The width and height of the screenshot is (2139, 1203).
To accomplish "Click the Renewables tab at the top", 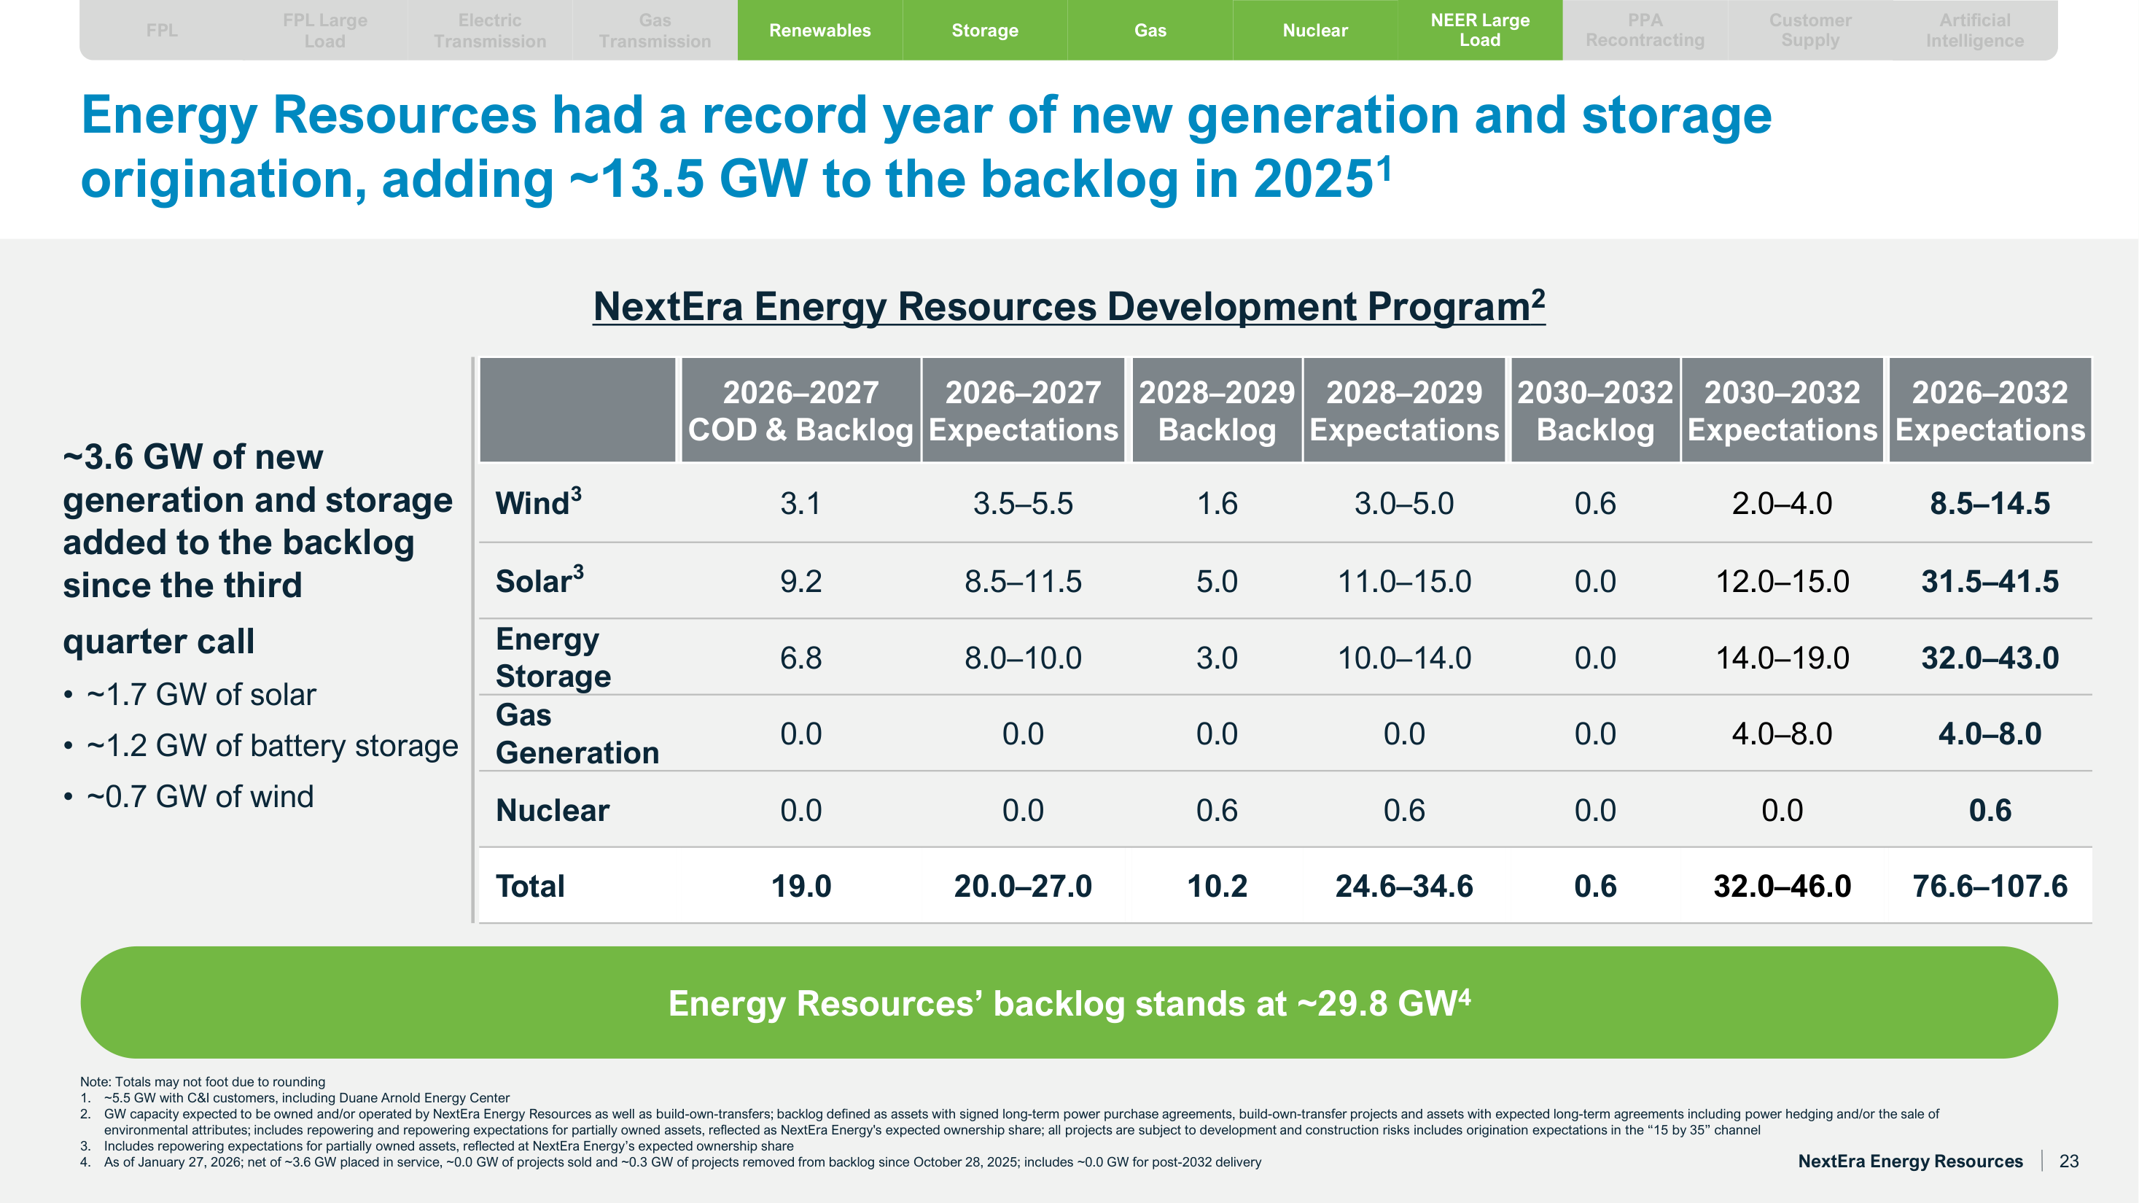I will [819, 31].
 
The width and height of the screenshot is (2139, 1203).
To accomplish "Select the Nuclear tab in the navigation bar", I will [1314, 31].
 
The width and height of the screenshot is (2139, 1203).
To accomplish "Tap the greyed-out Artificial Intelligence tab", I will [1974, 31].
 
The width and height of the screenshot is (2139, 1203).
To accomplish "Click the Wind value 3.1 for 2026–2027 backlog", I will [800, 503].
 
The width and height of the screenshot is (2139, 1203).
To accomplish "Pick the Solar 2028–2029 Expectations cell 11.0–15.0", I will [1403, 581].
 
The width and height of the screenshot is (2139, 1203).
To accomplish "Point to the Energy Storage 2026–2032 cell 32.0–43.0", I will [1990, 658].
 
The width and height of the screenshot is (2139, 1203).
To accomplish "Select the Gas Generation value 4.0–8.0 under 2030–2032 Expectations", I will [1781, 734].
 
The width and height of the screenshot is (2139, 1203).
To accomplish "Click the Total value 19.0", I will [800, 886].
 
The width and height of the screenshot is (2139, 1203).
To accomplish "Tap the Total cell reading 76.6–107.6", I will [1990, 886].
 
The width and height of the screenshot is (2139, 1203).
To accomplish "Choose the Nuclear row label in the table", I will [552, 810].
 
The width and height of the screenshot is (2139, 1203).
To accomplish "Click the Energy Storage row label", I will [553, 658].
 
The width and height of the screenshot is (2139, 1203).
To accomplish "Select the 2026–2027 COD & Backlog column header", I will [800, 411].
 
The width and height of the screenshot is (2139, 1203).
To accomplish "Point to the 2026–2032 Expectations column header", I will [1990, 411].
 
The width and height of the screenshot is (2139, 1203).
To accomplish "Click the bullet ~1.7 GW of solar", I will [201, 695].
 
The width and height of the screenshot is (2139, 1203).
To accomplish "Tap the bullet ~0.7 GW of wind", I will [200, 797].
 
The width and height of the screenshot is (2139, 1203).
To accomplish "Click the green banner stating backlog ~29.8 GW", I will [1069, 1003].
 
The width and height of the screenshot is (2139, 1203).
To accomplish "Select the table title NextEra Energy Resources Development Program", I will [1069, 307].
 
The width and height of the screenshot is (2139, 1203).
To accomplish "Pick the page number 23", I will [2068, 1161].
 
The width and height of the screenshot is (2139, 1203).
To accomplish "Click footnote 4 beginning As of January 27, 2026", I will [681, 1162].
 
